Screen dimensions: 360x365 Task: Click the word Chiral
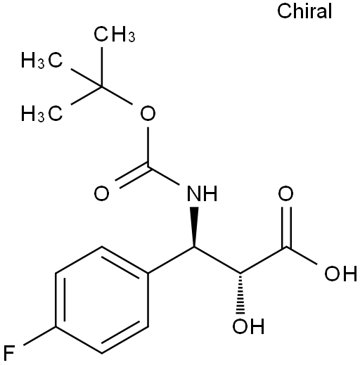[x=304, y=11]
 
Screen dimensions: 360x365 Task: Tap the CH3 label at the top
[x=115, y=34]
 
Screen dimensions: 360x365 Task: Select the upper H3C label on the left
[x=42, y=60]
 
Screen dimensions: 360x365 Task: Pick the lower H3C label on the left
[x=42, y=113]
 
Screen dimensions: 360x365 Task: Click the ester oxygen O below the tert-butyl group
[x=148, y=113]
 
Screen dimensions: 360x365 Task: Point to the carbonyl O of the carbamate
[x=101, y=193]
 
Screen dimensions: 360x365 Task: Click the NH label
[x=202, y=193]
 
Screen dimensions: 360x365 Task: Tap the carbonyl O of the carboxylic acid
[x=285, y=193]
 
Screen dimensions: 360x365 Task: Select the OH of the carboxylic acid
[x=340, y=274]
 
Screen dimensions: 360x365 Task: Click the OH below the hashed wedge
[x=248, y=326]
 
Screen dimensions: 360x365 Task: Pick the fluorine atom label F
[x=9, y=353]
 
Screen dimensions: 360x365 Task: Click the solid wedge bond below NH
[x=194, y=227]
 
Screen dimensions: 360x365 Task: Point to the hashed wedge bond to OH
[x=240, y=293]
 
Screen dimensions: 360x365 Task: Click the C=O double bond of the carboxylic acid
[x=286, y=227]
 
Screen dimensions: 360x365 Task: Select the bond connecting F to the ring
[x=39, y=335]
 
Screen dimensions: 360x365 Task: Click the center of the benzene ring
[x=102, y=300]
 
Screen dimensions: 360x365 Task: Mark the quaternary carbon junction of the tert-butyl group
[x=102, y=87]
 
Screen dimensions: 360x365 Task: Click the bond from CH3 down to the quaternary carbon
[x=102, y=67]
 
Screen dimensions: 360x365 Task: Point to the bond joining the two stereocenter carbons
[x=217, y=260]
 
